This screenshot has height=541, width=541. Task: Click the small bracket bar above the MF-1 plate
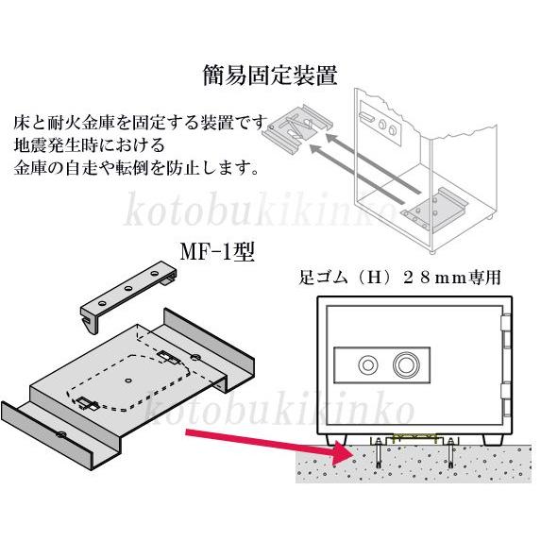pos(127,296)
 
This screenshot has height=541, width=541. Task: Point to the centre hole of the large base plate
pos(128,380)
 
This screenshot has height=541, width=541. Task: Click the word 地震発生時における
pos(90,146)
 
